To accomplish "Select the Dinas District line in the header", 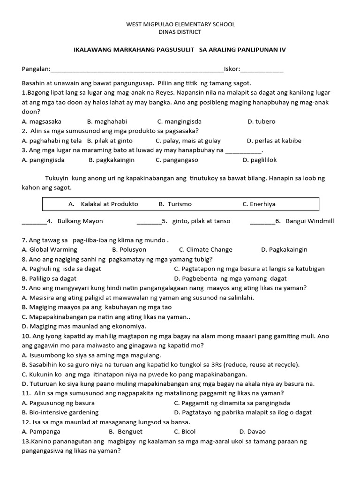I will (x=180, y=32).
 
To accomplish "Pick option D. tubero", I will (x=261, y=121).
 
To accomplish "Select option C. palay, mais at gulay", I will (x=188, y=141).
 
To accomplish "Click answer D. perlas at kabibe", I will (x=274, y=141).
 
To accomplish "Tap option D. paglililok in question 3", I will (x=260, y=160).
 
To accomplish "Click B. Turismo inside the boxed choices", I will (x=175, y=204).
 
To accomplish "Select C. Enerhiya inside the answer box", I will (x=259, y=204).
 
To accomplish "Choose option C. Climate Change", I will (x=205, y=250).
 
